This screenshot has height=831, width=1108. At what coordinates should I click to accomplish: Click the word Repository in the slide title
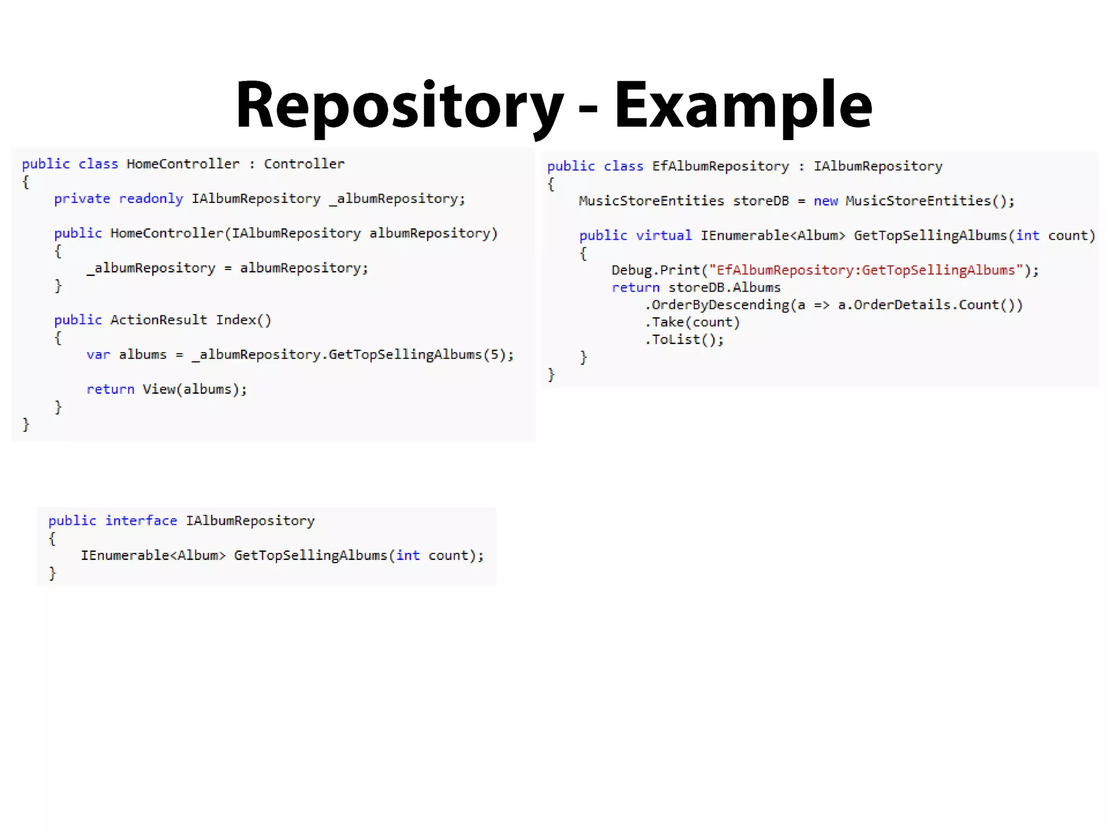pyautogui.click(x=399, y=105)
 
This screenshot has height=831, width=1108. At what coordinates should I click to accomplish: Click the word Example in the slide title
pyautogui.click(x=742, y=105)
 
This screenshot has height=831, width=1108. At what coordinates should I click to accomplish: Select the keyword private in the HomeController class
pyautogui.click(x=82, y=199)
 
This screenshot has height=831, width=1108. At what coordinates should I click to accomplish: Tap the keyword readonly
pyautogui.click(x=151, y=199)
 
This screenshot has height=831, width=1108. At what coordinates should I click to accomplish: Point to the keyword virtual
pyautogui.click(x=663, y=235)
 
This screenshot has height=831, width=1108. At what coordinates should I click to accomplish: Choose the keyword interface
pyautogui.click(x=141, y=520)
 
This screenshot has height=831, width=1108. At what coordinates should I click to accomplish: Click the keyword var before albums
pyautogui.click(x=98, y=354)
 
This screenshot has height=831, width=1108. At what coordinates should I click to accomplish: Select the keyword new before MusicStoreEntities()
pyautogui.click(x=826, y=201)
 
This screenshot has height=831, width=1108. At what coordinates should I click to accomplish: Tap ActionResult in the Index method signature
pyautogui.click(x=159, y=320)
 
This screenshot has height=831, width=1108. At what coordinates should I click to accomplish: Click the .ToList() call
pyautogui.click(x=684, y=339)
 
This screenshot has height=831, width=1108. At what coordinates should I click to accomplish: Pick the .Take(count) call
pyautogui.click(x=692, y=322)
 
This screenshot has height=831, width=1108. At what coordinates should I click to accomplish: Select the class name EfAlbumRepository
pyautogui.click(x=720, y=166)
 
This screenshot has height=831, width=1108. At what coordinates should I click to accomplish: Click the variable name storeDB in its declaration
pyautogui.click(x=761, y=201)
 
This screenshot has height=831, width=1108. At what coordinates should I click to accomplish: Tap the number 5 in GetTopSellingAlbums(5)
pyautogui.click(x=494, y=354)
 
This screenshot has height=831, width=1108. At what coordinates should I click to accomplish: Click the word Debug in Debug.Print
pyautogui.click(x=631, y=270)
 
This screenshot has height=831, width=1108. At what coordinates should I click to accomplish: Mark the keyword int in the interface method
pyautogui.click(x=407, y=555)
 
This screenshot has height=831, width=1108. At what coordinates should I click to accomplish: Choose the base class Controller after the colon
pyautogui.click(x=304, y=164)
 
